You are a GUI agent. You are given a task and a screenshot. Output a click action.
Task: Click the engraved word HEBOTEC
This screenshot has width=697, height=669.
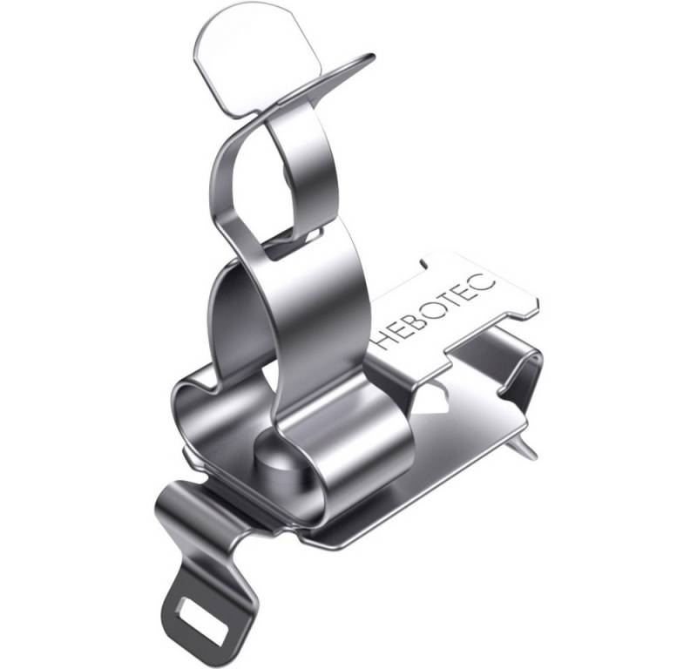pos(434,310)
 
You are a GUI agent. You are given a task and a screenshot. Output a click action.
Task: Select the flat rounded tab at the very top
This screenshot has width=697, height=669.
pos(228,61)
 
